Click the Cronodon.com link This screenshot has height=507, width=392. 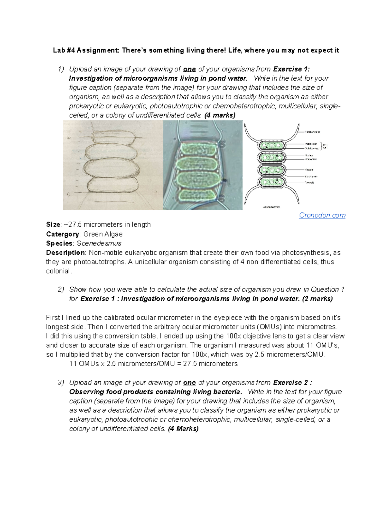coord(322,215)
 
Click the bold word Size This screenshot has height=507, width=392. coord(53,225)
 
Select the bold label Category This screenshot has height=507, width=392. coord(62,234)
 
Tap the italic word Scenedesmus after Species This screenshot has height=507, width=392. coord(99,244)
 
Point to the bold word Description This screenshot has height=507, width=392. coord(65,253)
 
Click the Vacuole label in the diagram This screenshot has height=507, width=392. coord(309,170)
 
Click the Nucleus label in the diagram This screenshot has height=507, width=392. coord(309,155)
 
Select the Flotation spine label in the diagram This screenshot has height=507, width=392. coord(312,132)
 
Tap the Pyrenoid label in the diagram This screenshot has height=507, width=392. coord(309,182)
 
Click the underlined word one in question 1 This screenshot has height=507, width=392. coord(189,69)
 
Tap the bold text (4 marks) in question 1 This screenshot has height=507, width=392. coord(220,115)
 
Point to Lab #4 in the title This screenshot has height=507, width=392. coord(64,50)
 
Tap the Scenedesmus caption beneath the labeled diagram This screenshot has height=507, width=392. coord(271,207)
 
